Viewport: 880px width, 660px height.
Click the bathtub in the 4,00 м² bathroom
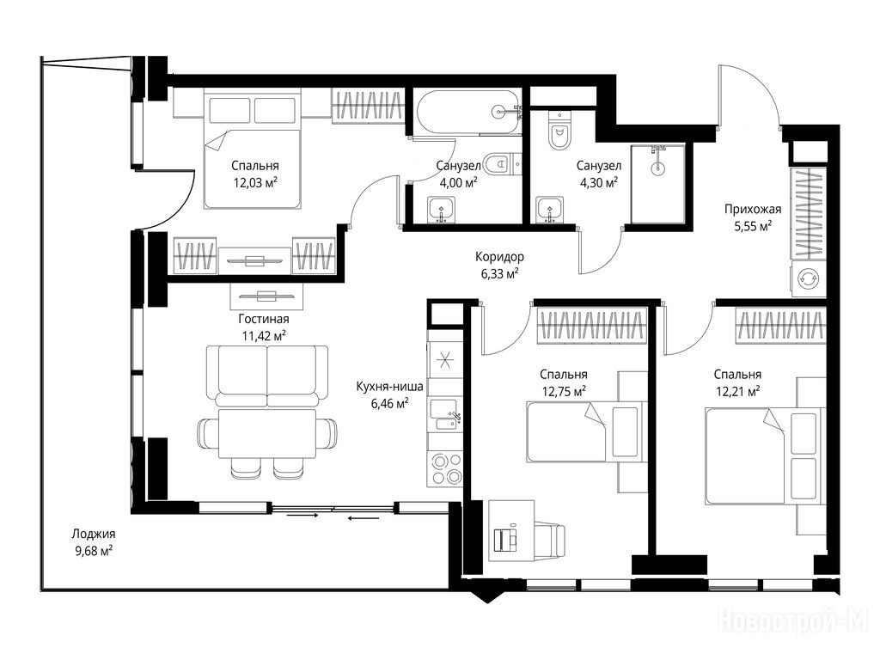pyautogui.click(x=467, y=113)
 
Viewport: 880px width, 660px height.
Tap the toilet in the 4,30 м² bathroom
pyautogui.click(x=559, y=131)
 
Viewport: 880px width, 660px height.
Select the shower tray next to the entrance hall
pyautogui.click(x=657, y=184)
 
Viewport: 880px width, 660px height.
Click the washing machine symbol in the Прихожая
pyautogui.click(x=808, y=278)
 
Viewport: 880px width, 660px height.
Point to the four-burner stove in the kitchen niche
pyautogui.click(x=445, y=469)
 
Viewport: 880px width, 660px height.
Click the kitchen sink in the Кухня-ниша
pyautogui.click(x=445, y=414)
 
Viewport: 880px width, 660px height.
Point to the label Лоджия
pyautogui.click(x=93, y=534)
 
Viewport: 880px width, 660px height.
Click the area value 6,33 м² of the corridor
pyautogui.click(x=496, y=274)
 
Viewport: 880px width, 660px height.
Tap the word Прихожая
pyautogui.click(x=752, y=210)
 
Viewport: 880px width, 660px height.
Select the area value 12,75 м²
pyautogui.click(x=564, y=391)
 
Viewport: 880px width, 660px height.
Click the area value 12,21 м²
pyautogui.click(x=737, y=391)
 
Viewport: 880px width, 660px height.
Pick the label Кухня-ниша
pyautogui.click(x=389, y=386)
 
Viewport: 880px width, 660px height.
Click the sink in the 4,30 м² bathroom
pyautogui.click(x=549, y=210)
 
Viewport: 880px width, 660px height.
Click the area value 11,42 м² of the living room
pyautogui.click(x=263, y=336)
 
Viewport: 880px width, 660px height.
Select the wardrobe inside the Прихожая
pyautogui.click(x=808, y=213)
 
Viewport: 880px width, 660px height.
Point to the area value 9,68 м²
pyautogui.click(x=93, y=551)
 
